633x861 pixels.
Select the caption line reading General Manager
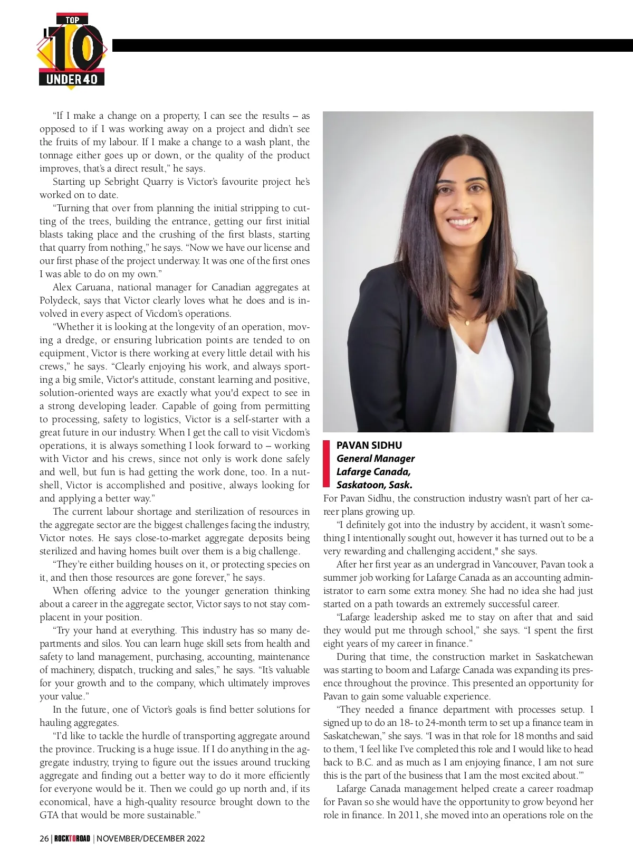(375, 458)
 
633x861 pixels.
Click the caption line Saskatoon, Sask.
(374, 485)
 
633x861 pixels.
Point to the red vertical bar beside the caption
(326, 464)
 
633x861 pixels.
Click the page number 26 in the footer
(44, 838)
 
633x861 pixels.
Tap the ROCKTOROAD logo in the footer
(72, 838)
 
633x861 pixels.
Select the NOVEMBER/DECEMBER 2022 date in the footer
(151, 838)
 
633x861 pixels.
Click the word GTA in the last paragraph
(49, 815)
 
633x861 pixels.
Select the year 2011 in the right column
(410, 815)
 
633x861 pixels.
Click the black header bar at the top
(372, 45)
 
